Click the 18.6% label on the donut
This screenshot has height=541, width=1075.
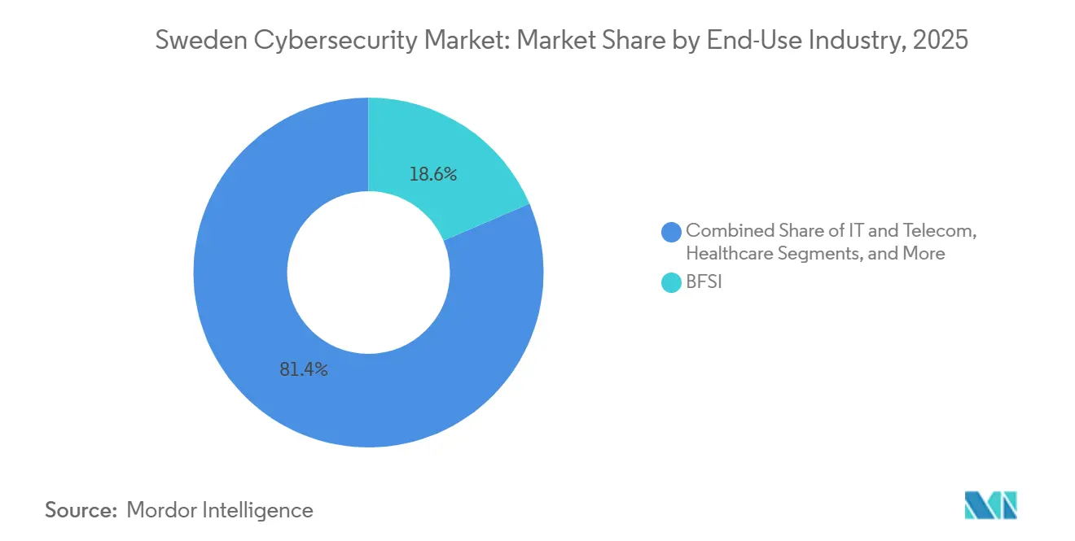point(433,174)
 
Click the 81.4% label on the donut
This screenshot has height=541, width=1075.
point(303,369)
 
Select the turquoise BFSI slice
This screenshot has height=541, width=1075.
point(456,155)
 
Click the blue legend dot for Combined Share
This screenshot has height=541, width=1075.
point(672,232)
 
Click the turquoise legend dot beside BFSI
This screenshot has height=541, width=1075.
point(672,283)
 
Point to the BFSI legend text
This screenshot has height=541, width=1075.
point(704,283)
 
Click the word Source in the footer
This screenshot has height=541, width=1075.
point(80,510)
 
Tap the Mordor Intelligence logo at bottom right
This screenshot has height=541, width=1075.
point(990,505)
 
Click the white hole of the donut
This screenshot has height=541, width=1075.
point(368,273)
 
